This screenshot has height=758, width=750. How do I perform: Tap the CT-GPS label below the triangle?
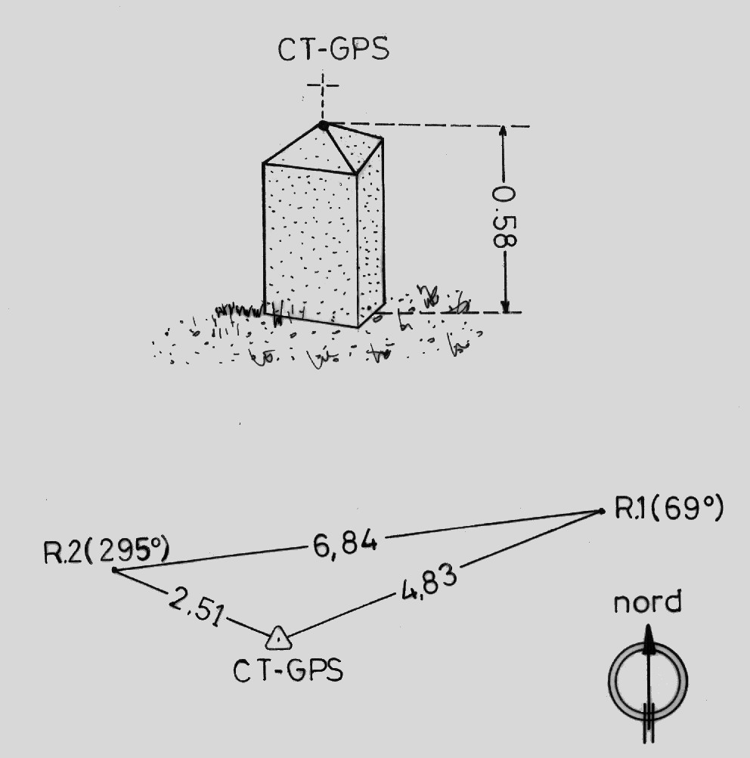[287, 670]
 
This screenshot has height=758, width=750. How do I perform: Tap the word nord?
[647, 603]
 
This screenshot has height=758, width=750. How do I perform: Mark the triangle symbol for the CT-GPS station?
[279, 639]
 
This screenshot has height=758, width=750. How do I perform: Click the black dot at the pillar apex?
[324, 125]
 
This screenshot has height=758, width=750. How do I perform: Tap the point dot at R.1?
[602, 512]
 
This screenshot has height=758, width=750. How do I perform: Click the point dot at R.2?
[114, 570]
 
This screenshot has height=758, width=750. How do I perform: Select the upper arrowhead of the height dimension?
[504, 132]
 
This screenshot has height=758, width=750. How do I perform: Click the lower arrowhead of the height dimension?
[504, 306]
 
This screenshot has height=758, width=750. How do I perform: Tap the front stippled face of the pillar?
[310, 242]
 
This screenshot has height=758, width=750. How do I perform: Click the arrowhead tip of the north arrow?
[647, 627]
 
